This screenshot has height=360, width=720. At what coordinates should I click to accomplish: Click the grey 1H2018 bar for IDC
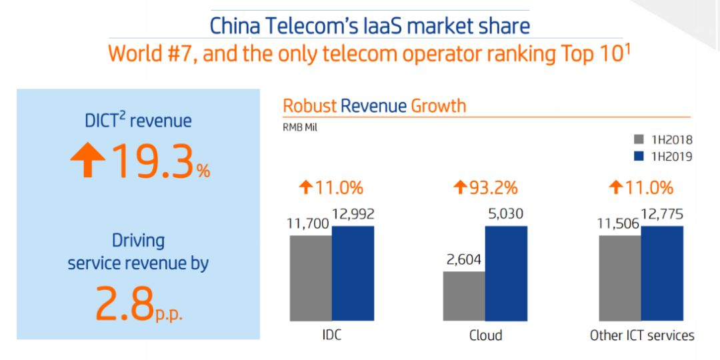310,277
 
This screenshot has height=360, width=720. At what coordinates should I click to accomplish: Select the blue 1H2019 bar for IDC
353,273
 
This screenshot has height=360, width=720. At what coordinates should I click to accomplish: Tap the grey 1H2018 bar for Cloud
464,295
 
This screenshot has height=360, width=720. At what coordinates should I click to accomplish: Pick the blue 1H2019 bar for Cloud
506,273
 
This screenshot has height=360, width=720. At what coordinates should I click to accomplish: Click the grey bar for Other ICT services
620,277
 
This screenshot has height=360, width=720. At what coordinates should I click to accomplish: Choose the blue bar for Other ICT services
662,273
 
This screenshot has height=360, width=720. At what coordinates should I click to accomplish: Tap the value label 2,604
464,259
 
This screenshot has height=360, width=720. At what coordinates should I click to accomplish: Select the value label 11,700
308,223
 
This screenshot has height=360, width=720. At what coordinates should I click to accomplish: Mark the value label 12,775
661,215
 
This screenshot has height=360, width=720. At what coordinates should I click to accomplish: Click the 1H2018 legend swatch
638,140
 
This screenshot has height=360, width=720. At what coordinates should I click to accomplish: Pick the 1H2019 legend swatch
638,157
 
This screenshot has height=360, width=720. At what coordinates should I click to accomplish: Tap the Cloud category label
485,335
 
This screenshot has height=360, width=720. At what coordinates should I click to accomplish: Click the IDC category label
331,335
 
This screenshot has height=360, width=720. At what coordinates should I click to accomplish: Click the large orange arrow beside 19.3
87,162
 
